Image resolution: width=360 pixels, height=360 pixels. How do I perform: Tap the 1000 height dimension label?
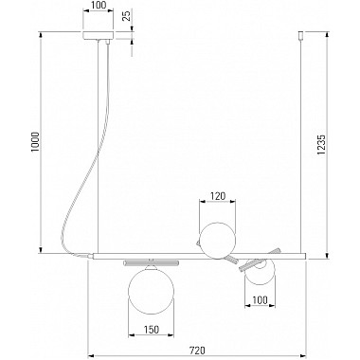point(36,141)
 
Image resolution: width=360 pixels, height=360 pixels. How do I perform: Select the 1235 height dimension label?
point(321,145)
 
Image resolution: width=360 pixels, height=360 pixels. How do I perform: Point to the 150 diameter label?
point(152,330)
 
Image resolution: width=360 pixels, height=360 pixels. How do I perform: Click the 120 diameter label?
point(218,196)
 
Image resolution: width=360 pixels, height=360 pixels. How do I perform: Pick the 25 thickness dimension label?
point(127,15)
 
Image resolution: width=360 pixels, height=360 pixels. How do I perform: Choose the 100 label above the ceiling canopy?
point(99,5)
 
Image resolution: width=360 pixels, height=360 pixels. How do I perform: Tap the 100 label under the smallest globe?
point(261,300)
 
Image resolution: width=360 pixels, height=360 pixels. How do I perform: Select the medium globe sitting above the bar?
point(218,241)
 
